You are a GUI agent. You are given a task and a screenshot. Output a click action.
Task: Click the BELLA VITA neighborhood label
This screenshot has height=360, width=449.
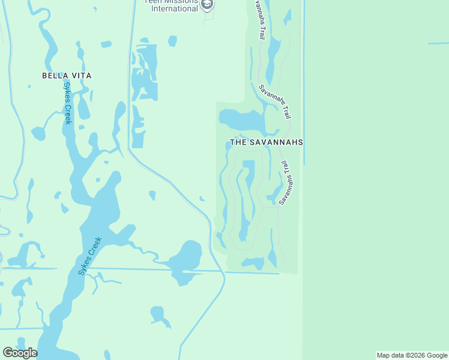pyautogui.click(x=66, y=76)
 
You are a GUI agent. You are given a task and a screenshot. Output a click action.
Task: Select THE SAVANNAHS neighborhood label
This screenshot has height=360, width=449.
pyautogui.click(x=266, y=143)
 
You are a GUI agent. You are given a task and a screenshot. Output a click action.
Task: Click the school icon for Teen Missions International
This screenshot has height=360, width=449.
pyautogui.click(x=207, y=5)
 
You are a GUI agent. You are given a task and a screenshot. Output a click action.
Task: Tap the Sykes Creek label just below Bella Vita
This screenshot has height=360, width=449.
pyautogui.click(x=68, y=103)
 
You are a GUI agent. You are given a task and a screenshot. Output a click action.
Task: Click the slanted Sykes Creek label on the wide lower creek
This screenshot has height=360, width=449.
pyautogui.click(x=90, y=256)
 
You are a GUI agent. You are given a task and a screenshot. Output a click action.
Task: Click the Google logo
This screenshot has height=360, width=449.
pyautogui.click(x=20, y=353)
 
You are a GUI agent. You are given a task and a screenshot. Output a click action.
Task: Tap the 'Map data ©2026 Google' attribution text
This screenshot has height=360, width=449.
pyautogui.click(x=412, y=355)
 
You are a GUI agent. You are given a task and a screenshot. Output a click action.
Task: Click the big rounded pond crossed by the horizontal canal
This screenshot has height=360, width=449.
pyautogui.click(x=187, y=259)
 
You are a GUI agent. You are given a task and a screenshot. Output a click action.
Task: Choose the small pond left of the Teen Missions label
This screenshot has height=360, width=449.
pyautogui.click(x=172, y=41)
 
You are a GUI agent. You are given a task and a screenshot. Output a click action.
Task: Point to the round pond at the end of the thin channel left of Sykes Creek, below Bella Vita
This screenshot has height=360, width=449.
pyautogui.click(x=38, y=133)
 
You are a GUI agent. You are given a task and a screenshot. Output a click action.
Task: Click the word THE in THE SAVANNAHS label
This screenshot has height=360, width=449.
pyautogui.click(x=239, y=143)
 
